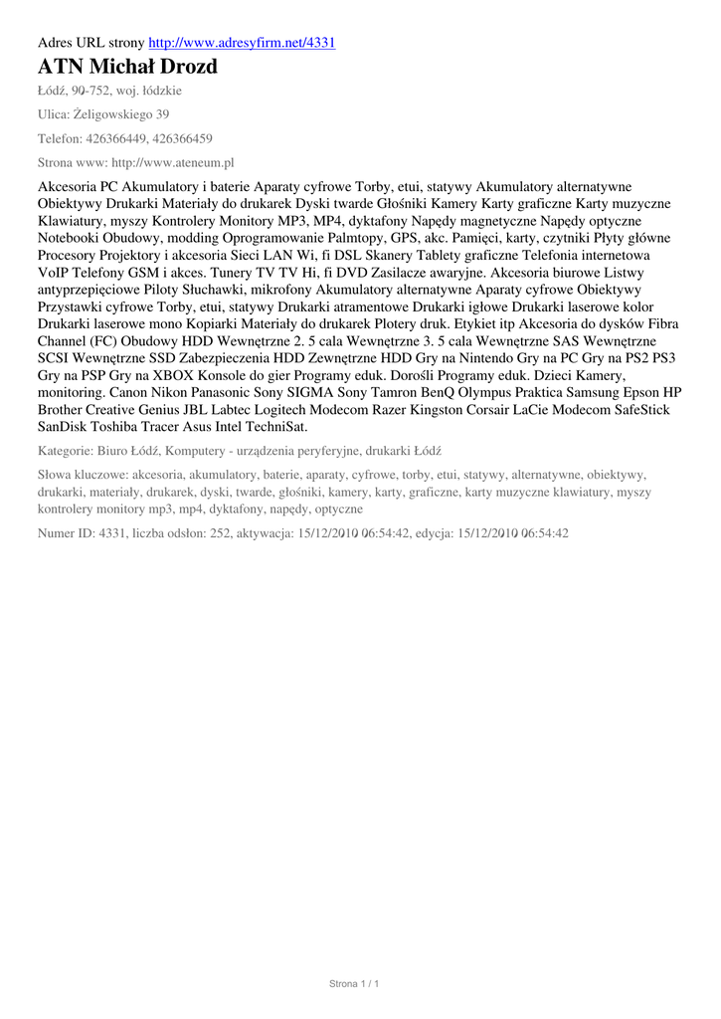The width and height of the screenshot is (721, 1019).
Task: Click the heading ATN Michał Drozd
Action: click(x=127, y=68)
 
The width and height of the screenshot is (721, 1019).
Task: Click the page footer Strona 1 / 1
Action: click(x=354, y=983)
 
